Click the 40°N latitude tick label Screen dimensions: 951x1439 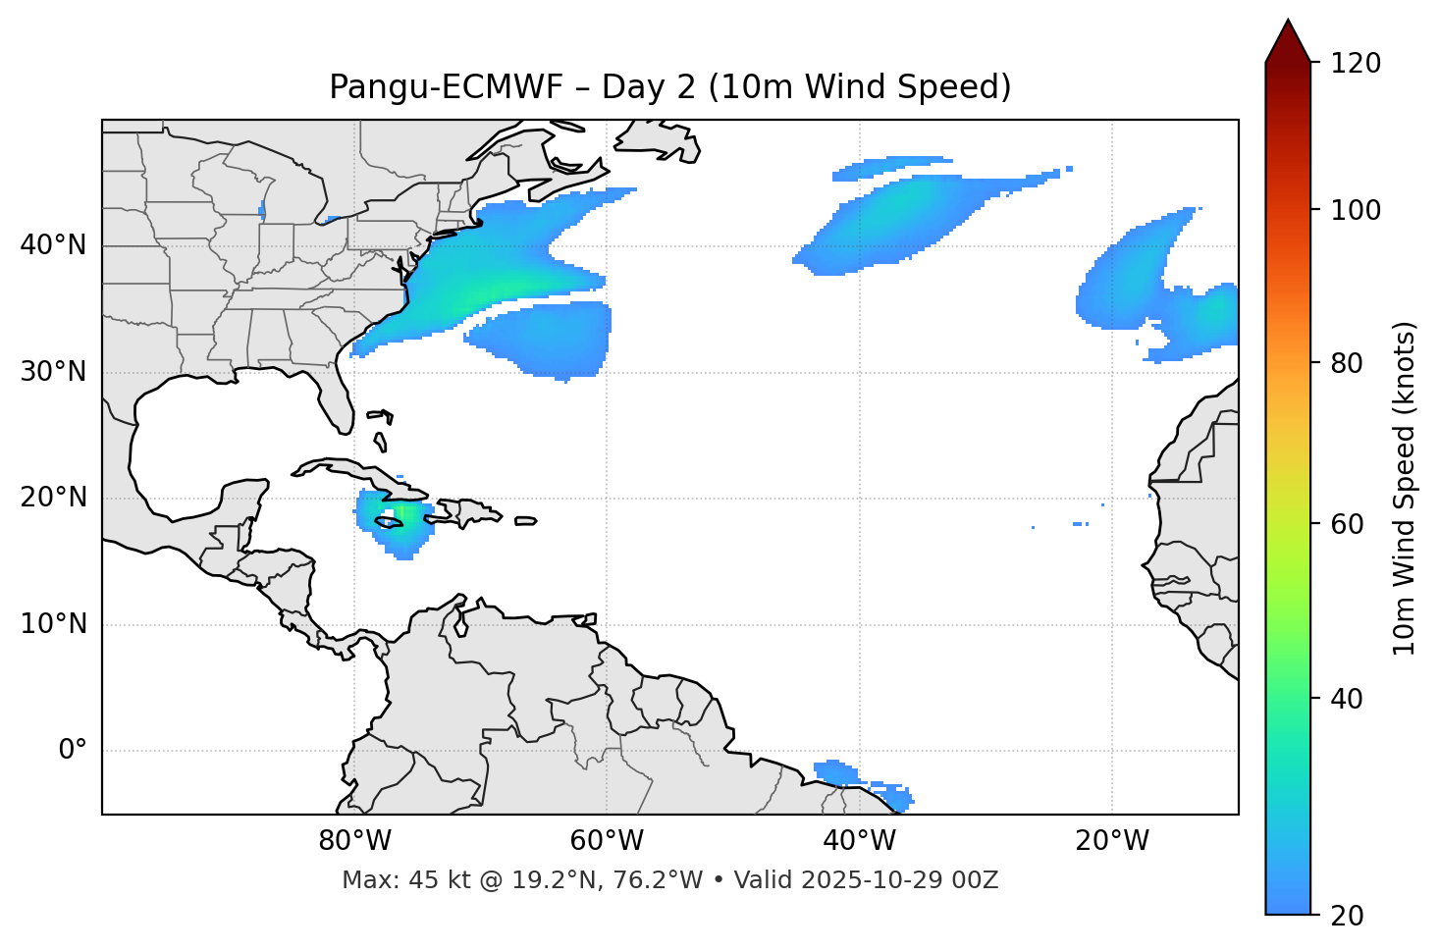pyautogui.click(x=53, y=245)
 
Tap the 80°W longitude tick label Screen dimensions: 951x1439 pyautogui.click(x=354, y=842)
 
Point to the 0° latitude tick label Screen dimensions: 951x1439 pyautogui.click(x=73, y=751)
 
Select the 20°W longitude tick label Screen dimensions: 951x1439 pyautogui.click(x=1112, y=842)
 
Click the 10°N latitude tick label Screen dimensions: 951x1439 pyautogui.click(x=53, y=624)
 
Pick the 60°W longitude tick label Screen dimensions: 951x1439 pyautogui.click(x=606, y=842)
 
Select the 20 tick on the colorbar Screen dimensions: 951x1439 pyautogui.click(x=1346, y=916)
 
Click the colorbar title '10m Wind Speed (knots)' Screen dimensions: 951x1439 pyautogui.click(x=1405, y=488)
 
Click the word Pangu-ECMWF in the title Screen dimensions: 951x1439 pyautogui.click(x=446, y=87)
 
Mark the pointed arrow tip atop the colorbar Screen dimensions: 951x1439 pyautogui.click(x=1288, y=22)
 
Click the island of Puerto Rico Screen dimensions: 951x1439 pyautogui.click(x=525, y=521)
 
